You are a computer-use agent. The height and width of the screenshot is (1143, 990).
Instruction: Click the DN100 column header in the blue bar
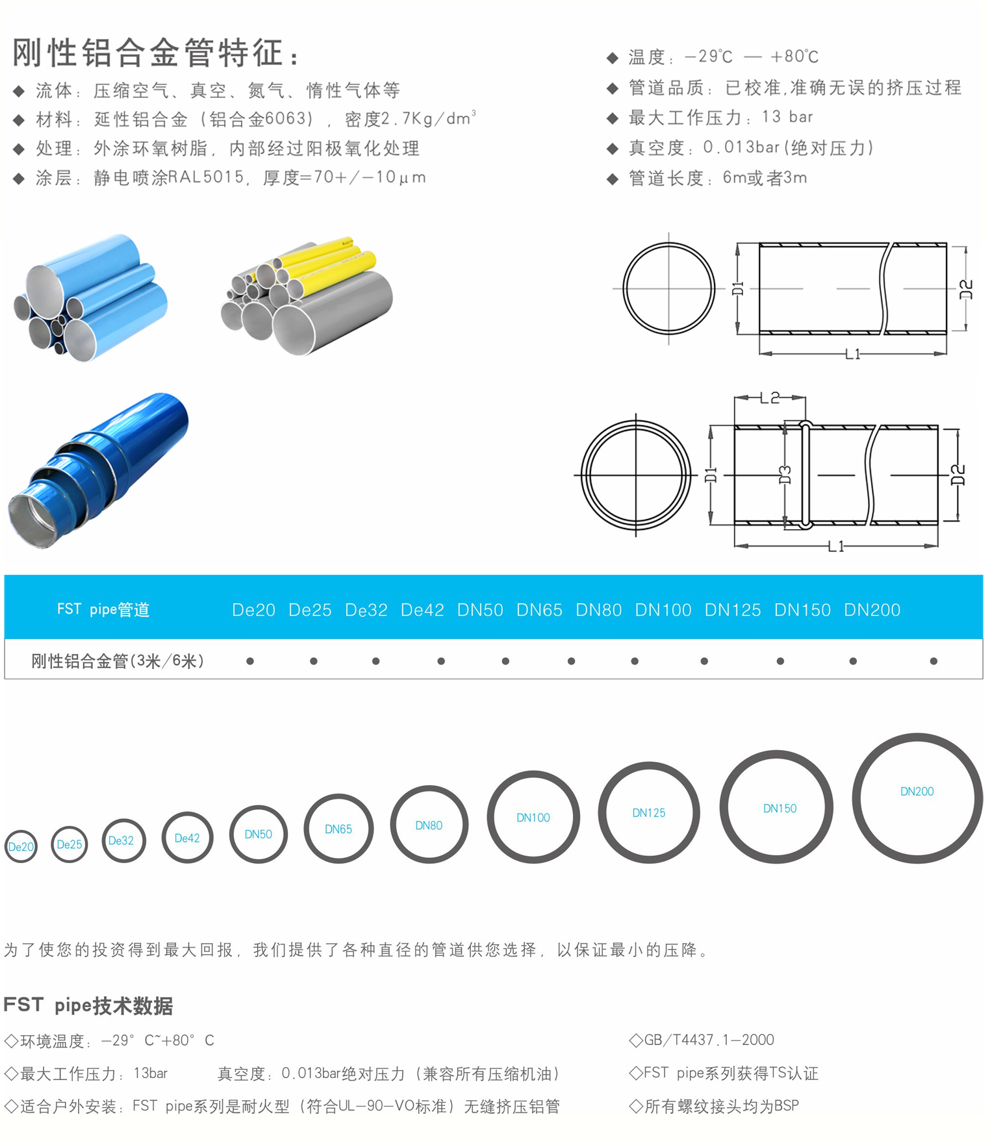pyautogui.click(x=663, y=610)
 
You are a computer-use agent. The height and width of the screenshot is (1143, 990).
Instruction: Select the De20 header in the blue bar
pyautogui.click(x=253, y=610)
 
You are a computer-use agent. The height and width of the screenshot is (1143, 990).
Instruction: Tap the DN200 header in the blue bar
pyautogui.click(x=872, y=610)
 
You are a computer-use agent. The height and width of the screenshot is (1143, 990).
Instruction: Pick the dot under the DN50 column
pyautogui.click(x=505, y=661)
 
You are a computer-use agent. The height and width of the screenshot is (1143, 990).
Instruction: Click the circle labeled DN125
pyautogui.click(x=601, y=812)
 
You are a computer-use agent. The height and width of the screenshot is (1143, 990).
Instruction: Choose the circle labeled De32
pyautogui.click(x=105, y=841)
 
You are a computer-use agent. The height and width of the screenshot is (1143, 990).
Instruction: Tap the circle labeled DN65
pyautogui.click(x=307, y=829)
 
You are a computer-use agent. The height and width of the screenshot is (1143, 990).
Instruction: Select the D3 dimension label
pyautogui.click(x=785, y=475)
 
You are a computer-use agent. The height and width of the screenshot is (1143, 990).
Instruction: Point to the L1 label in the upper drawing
pyautogui.click(x=853, y=354)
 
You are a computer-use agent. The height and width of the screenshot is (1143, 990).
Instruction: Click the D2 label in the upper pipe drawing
pyautogui.click(x=967, y=289)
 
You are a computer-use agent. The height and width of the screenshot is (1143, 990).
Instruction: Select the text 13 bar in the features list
pyautogui.click(x=787, y=117)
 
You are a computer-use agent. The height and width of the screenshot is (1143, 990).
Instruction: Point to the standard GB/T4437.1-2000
pyautogui.click(x=709, y=1040)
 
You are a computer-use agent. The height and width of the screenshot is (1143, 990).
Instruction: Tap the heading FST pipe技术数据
pyautogui.click(x=88, y=1005)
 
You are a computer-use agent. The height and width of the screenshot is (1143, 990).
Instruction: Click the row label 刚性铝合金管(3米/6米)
pyautogui.click(x=118, y=661)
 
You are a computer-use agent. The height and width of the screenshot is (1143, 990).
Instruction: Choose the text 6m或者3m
pyautogui.click(x=765, y=177)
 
